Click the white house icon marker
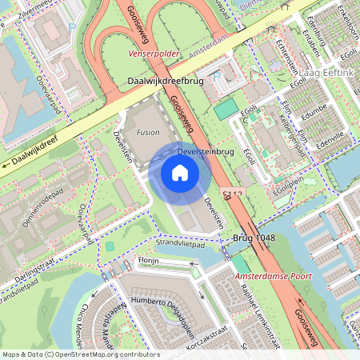[x=180, y=172]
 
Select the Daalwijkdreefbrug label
[x=166, y=82]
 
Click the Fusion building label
[x=148, y=132]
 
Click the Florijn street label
[x=149, y=261]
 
